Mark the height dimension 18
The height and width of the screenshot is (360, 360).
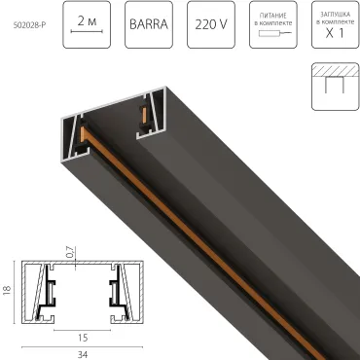pyautogui.click(x=8, y=291)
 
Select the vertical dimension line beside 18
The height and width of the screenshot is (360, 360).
pyautogui.click(x=18, y=291)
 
